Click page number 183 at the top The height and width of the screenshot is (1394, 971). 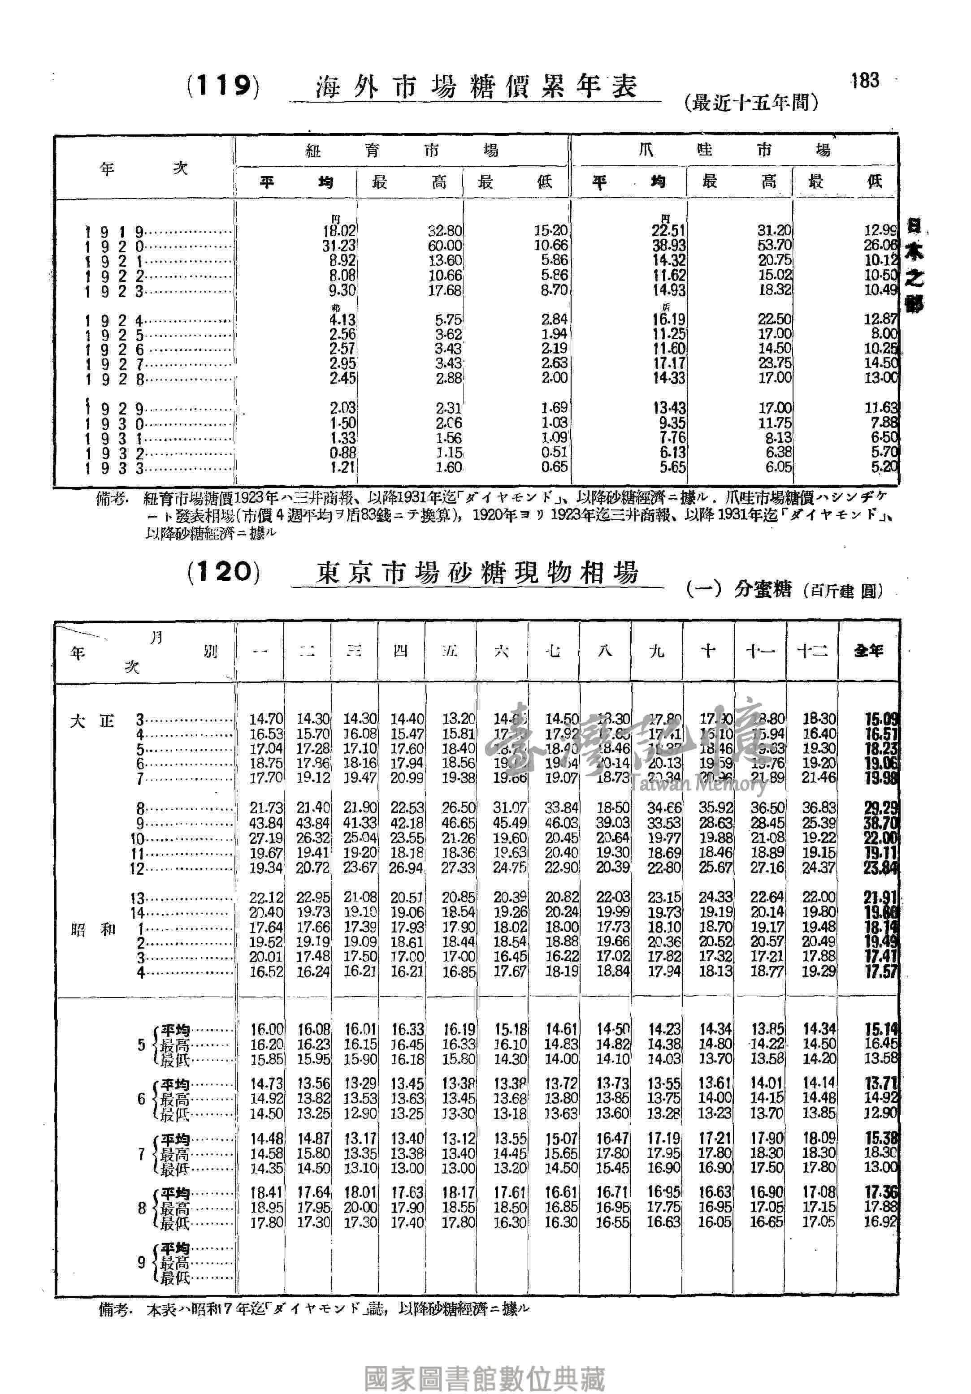coord(865,80)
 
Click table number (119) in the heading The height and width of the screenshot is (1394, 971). coord(223,86)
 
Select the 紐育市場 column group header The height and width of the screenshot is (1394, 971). coord(401,150)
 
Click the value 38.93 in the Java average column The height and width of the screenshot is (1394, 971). coord(668,246)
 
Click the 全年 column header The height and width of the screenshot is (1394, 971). coord(868,651)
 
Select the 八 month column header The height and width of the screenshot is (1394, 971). coord(605,651)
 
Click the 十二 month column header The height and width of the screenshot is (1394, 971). coord(812,651)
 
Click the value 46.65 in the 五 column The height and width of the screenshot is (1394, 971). coord(459,823)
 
